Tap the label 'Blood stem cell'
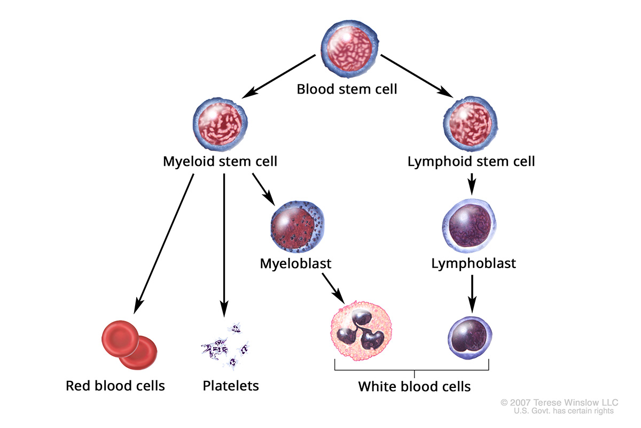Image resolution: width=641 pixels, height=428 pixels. (347, 89)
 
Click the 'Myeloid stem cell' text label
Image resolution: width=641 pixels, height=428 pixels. (220, 161)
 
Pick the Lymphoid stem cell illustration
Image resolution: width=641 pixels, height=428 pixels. (471, 124)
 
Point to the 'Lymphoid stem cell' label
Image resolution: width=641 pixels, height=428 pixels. (471, 161)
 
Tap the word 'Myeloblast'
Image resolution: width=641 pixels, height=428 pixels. (295, 264)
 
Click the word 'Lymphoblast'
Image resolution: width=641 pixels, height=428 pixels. (474, 264)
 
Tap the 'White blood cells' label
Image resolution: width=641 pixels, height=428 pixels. (415, 386)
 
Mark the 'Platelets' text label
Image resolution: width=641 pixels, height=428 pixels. (231, 386)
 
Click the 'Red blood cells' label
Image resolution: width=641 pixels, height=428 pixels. (115, 386)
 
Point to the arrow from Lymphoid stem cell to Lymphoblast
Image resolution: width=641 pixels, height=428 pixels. (472, 183)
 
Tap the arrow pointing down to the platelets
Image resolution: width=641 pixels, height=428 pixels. (224, 246)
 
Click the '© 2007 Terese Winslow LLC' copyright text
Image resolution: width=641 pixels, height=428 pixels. (559, 402)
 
